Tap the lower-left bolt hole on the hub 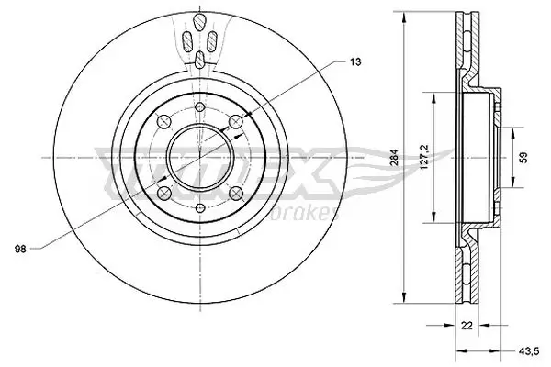point(163,193)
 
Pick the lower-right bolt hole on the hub point(237,193)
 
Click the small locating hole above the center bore point(199,107)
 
